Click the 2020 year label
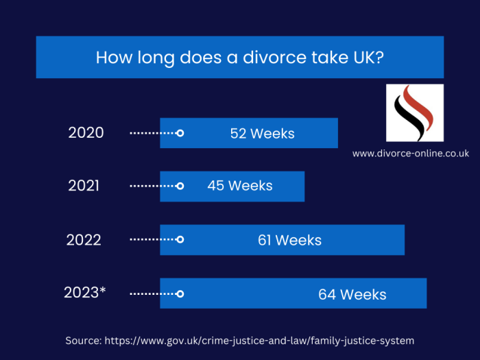tap(86, 133)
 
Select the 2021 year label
tap(84, 186)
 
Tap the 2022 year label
tap(84, 240)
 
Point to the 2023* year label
tap(85, 293)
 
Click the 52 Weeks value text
tap(262, 134)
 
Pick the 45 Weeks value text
tap(240, 186)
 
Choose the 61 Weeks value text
tap(289, 240)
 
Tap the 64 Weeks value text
tap(352, 295)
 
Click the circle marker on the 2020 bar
tap(180, 133)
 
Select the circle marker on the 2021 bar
tap(180, 186)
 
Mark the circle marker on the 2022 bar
tap(180, 239)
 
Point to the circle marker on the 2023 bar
tap(180, 293)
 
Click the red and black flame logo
tap(414, 112)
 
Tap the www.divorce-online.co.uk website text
tap(411, 154)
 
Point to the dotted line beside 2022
tap(152, 239)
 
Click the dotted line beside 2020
tap(152, 133)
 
